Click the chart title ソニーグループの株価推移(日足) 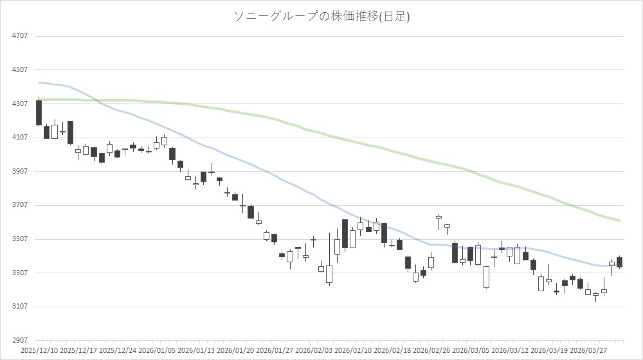321,17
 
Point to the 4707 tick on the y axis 20,36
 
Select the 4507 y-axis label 20,69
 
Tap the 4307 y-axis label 20,104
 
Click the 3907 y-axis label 20,171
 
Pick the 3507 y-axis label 20,239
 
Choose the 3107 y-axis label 20,307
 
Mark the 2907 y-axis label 20,340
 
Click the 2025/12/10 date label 39,351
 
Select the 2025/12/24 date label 117,351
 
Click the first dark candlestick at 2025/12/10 39,113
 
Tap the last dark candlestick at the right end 619,262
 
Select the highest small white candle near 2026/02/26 439,217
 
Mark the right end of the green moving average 619,221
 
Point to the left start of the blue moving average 39,82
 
